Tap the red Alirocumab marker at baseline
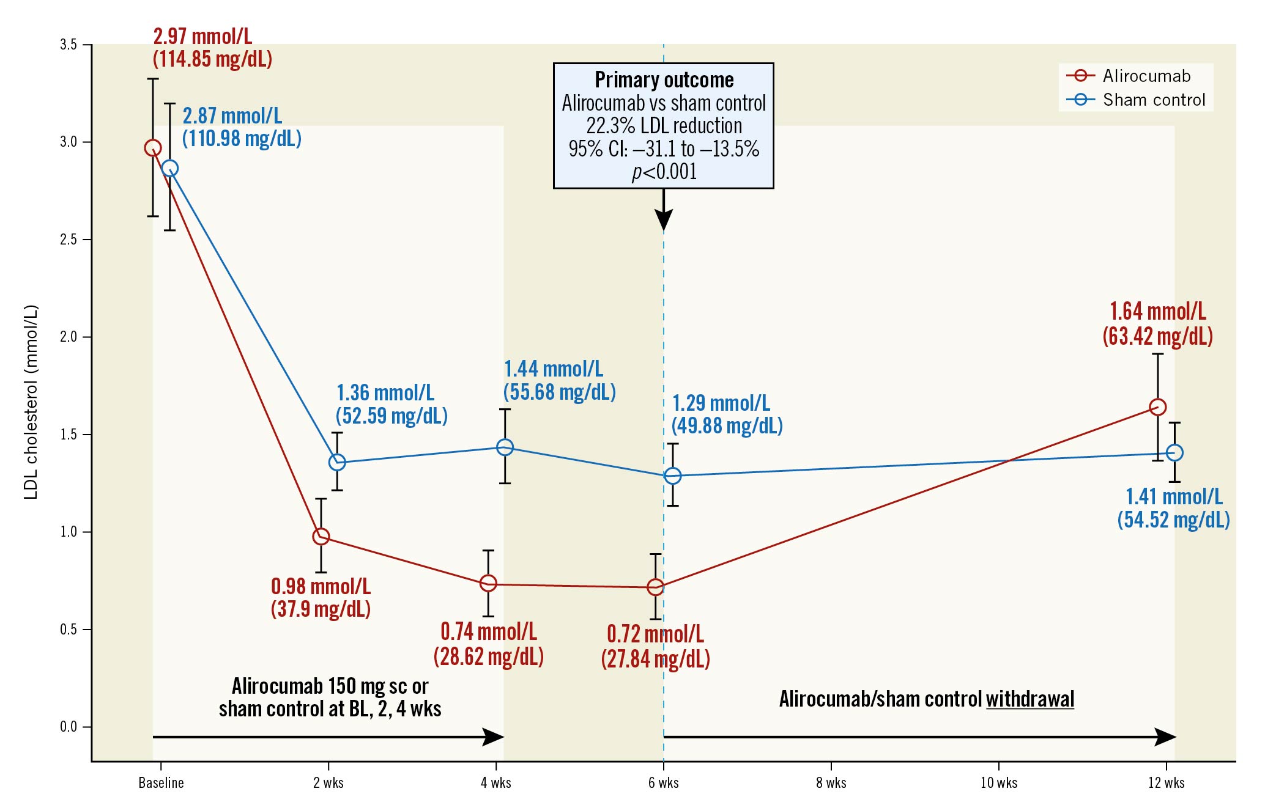pyautogui.click(x=153, y=148)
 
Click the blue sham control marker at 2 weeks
pyautogui.click(x=337, y=462)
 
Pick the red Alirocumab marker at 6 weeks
pyautogui.click(x=655, y=587)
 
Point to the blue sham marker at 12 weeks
pyautogui.click(x=1174, y=453)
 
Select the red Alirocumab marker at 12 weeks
pyautogui.click(x=1157, y=407)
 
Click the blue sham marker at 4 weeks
pyautogui.click(x=505, y=447)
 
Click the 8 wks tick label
pyautogui.click(x=831, y=783)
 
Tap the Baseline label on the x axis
pyautogui.click(x=161, y=783)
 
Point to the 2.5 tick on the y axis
pyautogui.click(x=69, y=240)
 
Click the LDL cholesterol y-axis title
pyautogui.click(x=31, y=402)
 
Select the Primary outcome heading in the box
pyautogui.click(x=664, y=80)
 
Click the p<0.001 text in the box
pyautogui.click(x=664, y=172)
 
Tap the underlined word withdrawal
pyautogui.click(x=1029, y=699)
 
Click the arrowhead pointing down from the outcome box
pyautogui.click(x=664, y=219)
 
